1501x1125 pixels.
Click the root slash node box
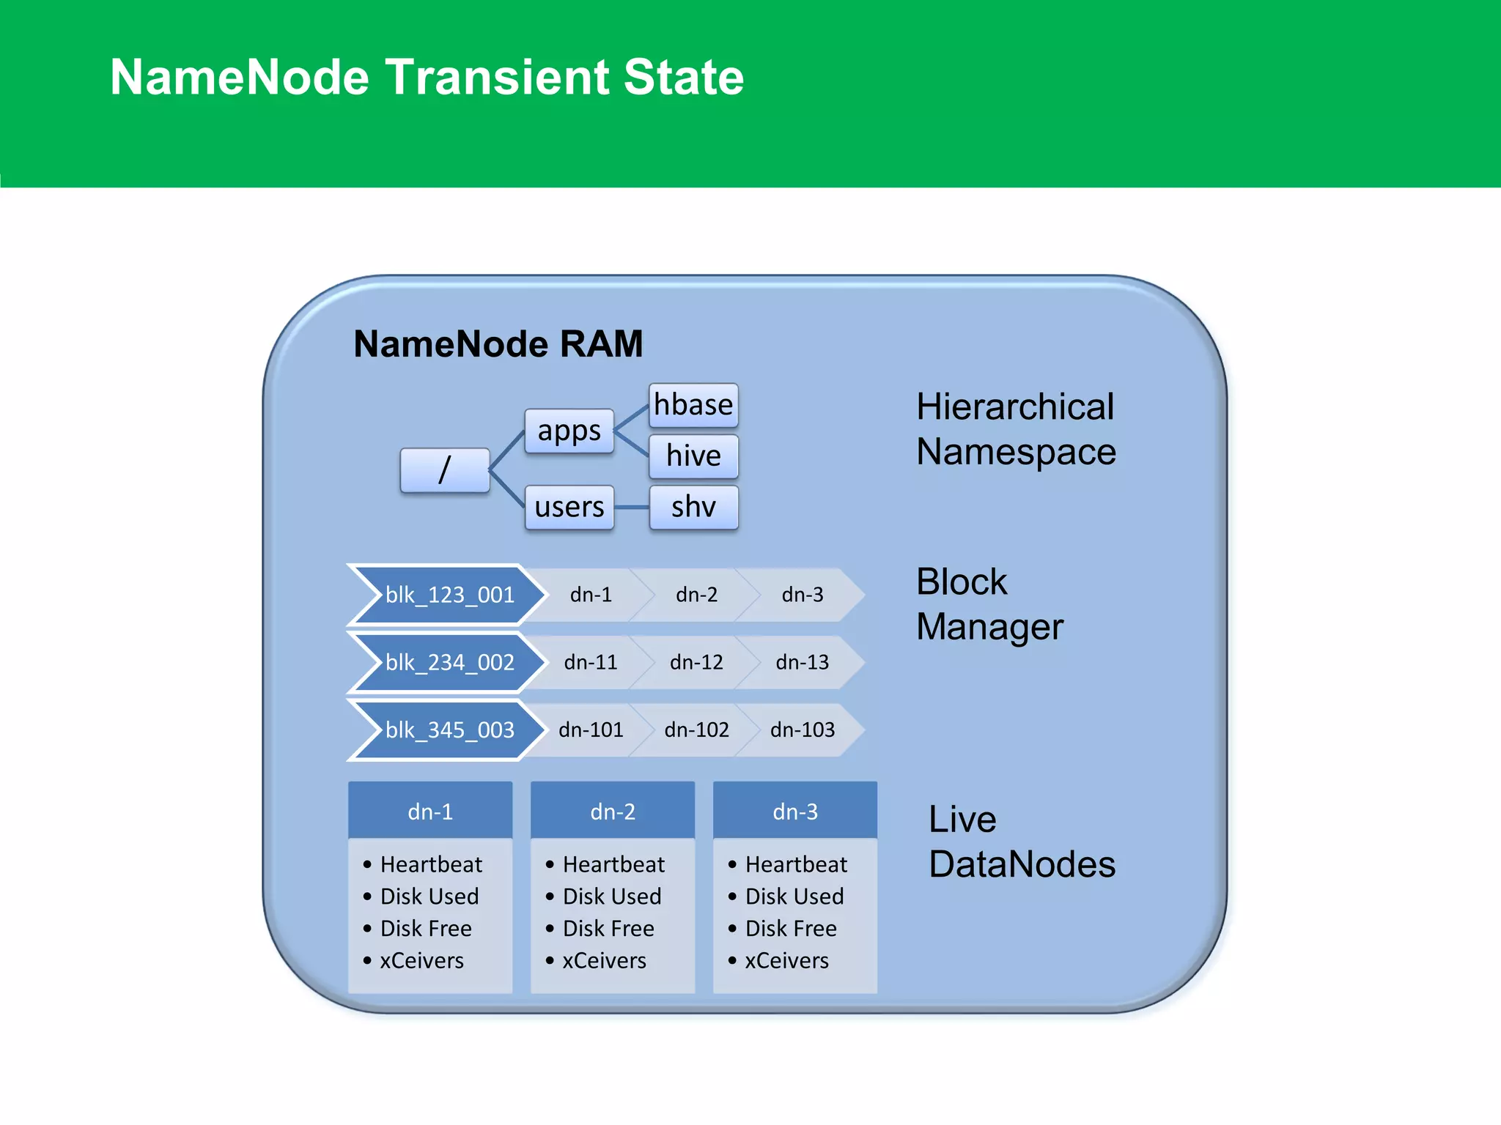tap(445, 470)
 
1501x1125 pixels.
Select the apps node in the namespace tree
tap(569, 431)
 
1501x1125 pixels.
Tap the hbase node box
tap(693, 405)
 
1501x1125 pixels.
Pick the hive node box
tap(693, 456)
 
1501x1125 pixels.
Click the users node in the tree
tap(569, 507)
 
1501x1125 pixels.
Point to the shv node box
tap(693, 507)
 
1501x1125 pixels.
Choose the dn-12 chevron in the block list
tap(696, 662)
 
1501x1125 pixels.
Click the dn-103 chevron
tap(803, 729)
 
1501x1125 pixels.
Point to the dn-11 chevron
tap(591, 662)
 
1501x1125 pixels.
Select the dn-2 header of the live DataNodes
tap(613, 812)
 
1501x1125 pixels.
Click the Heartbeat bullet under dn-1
tap(431, 864)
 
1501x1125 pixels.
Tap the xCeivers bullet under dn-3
tap(786, 960)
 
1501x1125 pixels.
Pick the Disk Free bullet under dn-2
tap(608, 928)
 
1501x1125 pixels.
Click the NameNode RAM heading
tap(498, 344)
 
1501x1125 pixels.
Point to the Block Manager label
tap(989, 604)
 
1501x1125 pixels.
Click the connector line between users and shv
tap(632, 507)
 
